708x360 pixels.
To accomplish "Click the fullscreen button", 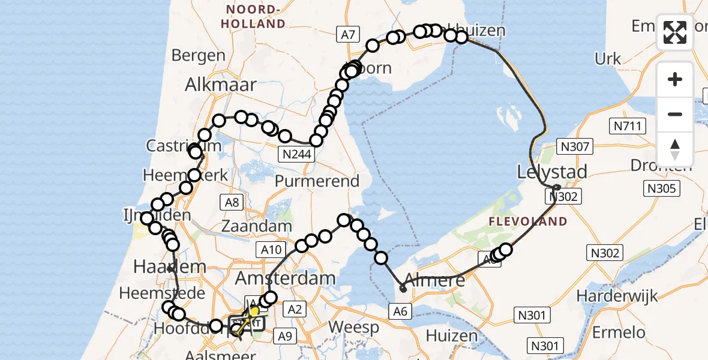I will pyautogui.click(x=675, y=32).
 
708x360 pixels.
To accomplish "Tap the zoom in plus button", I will pyautogui.click(x=675, y=79).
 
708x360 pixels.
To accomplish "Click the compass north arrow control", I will pyautogui.click(x=675, y=149).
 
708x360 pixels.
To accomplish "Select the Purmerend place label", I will pyautogui.click(x=317, y=181).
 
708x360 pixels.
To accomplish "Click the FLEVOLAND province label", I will pyautogui.click(x=528, y=221).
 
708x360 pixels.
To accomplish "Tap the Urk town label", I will pyautogui.click(x=608, y=58).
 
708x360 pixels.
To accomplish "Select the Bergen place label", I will pyautogui.click(x=198, y=56).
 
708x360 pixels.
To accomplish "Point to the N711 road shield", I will pyautogui.click(x=626, y=127).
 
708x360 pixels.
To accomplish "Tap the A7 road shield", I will pyautogui.click(x=348, y=35).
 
